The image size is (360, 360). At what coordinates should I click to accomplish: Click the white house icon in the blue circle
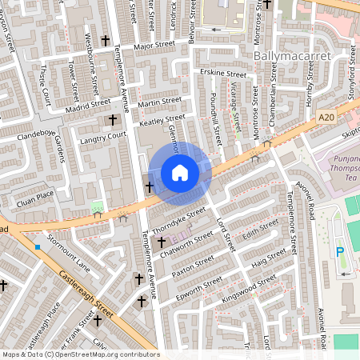(180, 172)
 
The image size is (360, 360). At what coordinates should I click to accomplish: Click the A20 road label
(324, 118)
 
